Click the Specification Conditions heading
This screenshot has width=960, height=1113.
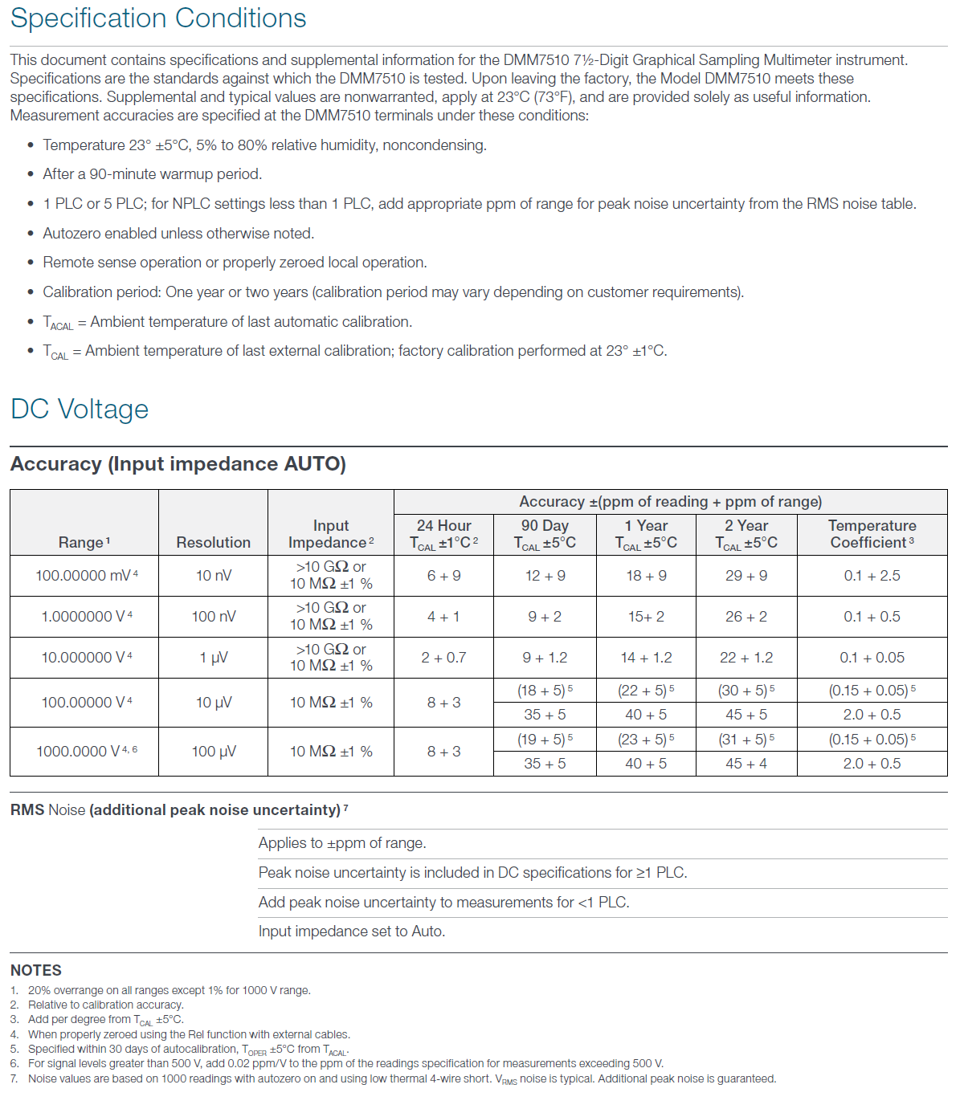point(158,18)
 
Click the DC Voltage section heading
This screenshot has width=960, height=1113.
point(80,409)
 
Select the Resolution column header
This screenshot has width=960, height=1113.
point(213,542)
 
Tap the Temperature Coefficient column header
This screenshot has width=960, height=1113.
point(872,534)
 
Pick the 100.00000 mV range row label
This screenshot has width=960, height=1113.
point(84,576)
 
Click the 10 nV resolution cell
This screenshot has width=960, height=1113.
point(213,576)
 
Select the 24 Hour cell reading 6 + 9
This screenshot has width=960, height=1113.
point(443,576)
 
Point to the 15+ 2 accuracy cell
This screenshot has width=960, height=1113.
point(646,617)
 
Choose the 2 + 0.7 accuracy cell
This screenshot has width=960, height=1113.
point(443,658)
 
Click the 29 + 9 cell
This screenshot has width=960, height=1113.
point(746,576)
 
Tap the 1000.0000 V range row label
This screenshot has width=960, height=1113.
point(84,752)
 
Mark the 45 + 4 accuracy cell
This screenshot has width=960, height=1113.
point(746,764)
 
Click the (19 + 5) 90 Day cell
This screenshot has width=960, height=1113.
point(544,740)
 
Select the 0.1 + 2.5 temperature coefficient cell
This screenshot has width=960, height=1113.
point(872,576)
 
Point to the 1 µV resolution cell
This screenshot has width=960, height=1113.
point(213,658)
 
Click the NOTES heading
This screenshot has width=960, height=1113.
point(36,970)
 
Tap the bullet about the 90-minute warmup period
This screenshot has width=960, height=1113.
point(153,174)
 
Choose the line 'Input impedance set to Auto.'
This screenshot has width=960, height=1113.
point(352,932)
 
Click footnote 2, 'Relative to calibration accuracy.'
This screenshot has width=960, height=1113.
point(106,1005)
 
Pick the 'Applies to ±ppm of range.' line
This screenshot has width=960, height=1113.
point(342,843)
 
